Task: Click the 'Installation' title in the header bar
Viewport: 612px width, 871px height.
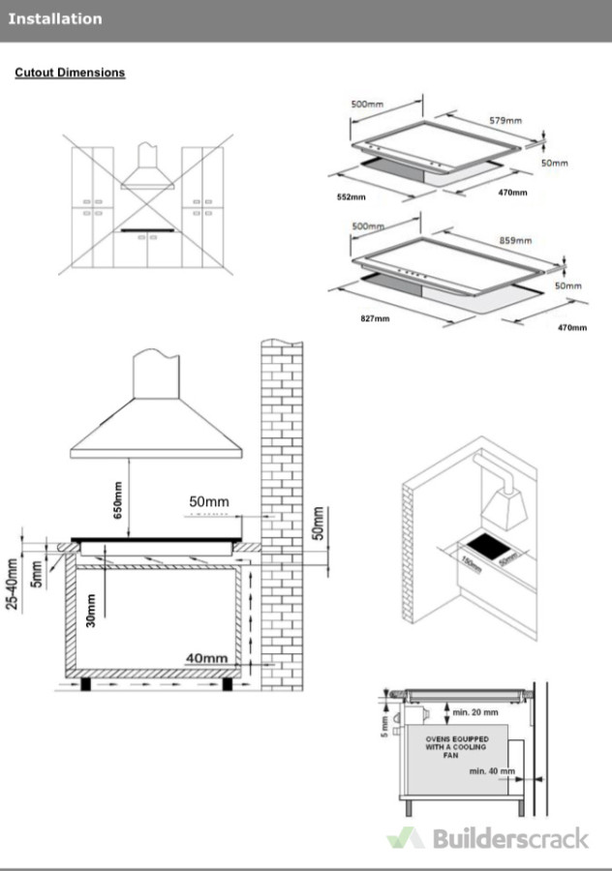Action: point(55,18)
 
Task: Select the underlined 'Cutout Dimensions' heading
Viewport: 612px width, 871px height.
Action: point(70,73)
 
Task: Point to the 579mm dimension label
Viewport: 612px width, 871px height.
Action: point(505,121)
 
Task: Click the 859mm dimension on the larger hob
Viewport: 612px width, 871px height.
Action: point(515,240)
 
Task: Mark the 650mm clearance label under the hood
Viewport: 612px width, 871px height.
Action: point(118,500)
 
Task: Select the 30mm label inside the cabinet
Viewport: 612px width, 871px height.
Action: point(90,613)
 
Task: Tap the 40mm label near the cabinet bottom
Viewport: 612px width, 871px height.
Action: point(206,658)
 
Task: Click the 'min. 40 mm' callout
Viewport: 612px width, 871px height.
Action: point(491,771)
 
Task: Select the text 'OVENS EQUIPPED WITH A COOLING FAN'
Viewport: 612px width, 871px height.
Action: point(458,748)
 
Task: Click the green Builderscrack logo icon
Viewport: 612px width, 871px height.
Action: point(406,838)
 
